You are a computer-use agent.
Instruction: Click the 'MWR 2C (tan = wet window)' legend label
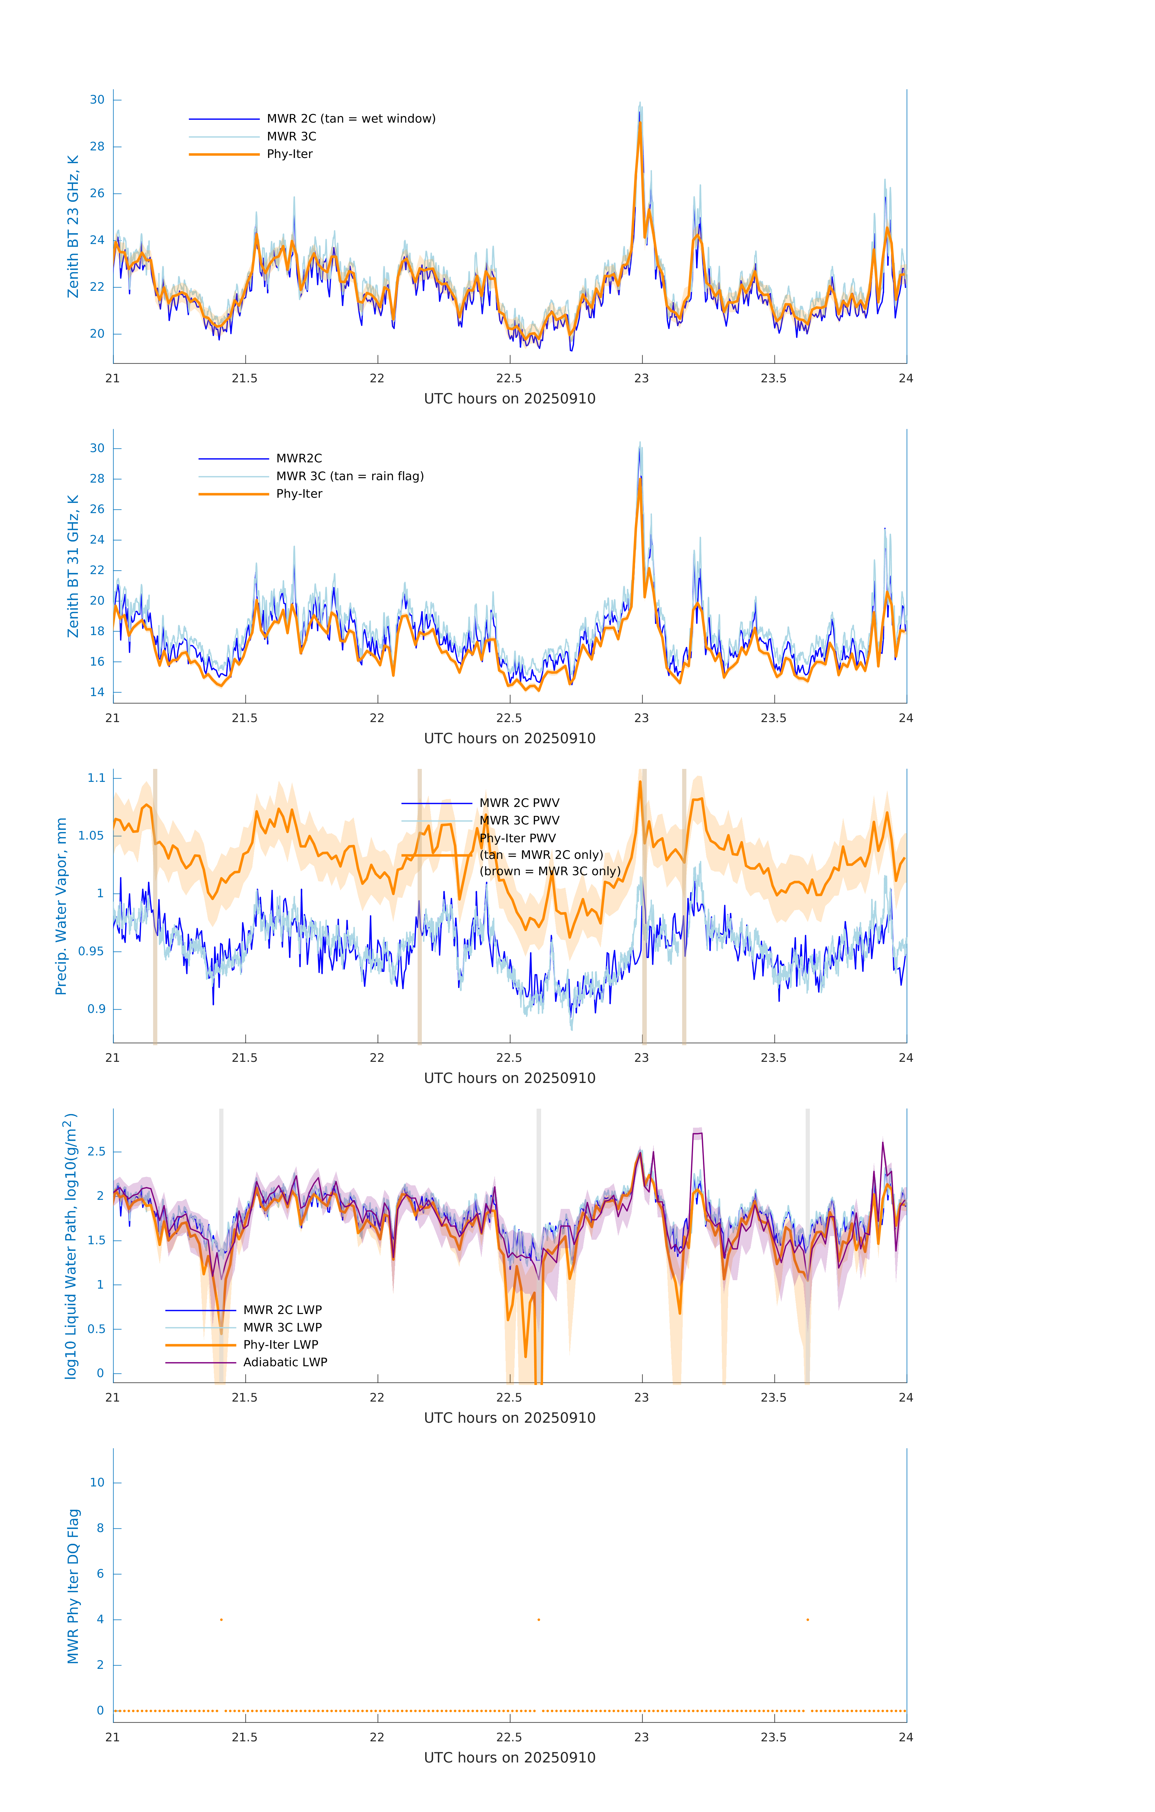(x=351, y=119)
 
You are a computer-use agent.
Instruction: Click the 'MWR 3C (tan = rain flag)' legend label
(x=350, y=476)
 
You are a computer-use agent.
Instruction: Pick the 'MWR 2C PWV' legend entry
(x=519, y=803)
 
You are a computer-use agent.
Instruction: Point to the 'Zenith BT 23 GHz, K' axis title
(x=73, y=226)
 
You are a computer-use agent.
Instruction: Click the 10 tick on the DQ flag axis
(x=97, y=1483)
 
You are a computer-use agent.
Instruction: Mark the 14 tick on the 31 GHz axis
(x=97, y=692)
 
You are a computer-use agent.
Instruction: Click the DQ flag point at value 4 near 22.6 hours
(x=539, y=1619)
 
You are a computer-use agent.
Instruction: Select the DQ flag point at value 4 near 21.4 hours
(x=221, y=1619)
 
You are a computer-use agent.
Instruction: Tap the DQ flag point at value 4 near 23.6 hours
(x=807, y=1619)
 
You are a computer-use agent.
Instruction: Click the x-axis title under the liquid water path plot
(x=509, y=1418)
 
